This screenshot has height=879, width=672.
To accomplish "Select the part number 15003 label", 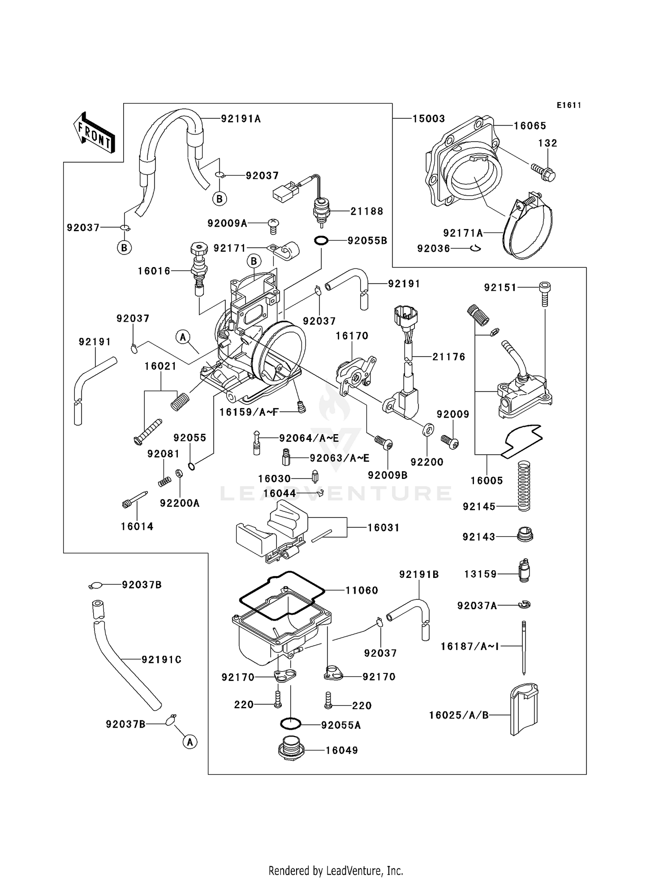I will click(x=428, y=119).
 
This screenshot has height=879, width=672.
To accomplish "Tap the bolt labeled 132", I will click(x=543, y=172).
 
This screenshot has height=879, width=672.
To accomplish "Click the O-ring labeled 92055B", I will click(x=321, y=241).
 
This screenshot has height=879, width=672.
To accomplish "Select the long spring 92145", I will click(x=524, y=486).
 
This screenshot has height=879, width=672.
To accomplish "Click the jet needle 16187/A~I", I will click(x=524, y=647).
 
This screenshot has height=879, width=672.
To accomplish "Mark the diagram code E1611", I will click(x=569, y=105).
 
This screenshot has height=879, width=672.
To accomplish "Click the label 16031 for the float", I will click(x=383, y=528).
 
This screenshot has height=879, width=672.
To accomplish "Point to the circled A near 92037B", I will click(x=190, y=742).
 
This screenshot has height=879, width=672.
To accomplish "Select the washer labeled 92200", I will click(x=428, y=430).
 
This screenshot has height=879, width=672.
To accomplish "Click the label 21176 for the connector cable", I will click(x=448, y=357).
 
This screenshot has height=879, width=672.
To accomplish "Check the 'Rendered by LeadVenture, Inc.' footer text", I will click(x=336, y=870).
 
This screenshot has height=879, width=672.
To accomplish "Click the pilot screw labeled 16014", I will click(x=134, y=499).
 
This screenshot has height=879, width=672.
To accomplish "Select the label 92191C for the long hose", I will click(x=161, y=659).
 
